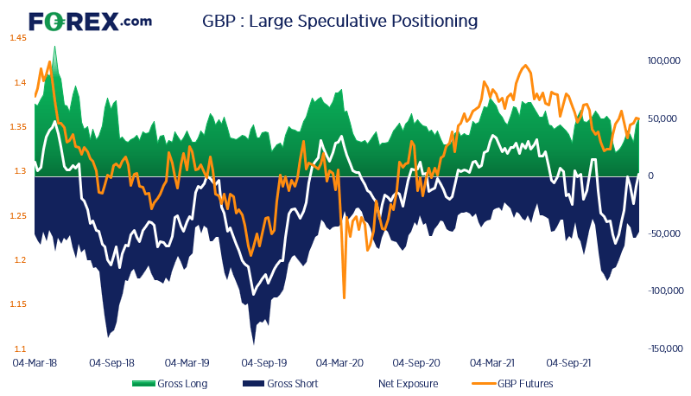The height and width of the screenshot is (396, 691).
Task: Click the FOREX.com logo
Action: point(90,21)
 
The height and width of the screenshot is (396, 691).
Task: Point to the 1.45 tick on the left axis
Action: point(19,39)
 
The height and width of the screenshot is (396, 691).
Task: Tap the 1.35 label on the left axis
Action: point(19,127)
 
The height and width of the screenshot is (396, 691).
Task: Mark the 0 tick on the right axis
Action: point(650,176)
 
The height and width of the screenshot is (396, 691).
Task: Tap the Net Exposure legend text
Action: point(408,383)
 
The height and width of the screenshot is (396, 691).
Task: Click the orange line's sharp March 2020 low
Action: point(344,298)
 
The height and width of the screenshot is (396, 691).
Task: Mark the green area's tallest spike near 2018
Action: point(55,48)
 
